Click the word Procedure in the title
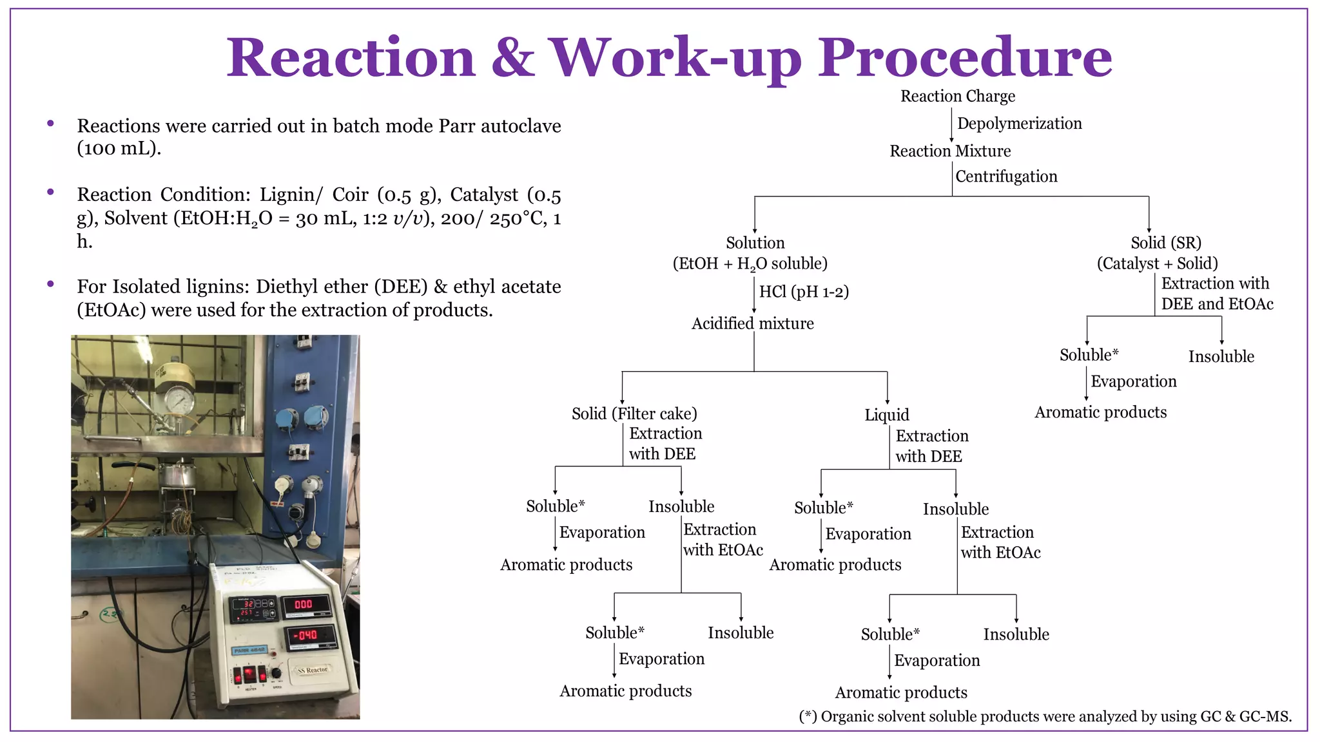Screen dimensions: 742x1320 tap(965, 58)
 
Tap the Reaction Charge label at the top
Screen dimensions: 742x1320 tap(957, 97)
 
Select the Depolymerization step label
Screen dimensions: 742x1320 tap(1019, 124)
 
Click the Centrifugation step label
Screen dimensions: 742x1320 tap(1006, 176)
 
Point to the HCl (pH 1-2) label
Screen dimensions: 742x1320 tap(804, 292)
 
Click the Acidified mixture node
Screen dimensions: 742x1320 tap(752, 323)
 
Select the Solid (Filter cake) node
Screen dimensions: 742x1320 tap(634, 414)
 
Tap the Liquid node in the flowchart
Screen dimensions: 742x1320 tap(887, 415)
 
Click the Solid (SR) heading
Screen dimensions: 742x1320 tap(1166, 243)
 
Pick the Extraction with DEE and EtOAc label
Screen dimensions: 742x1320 tap(1216, 294)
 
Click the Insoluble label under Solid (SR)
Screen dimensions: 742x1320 tap(1221, 357)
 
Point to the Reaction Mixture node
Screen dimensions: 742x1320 tap(950, 151)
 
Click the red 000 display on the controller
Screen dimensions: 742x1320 tap(304, 604)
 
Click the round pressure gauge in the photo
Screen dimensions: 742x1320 tap(179, 401)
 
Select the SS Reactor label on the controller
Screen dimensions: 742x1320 tap(313, 670)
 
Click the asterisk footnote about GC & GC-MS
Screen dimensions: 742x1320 tap(1045, 717)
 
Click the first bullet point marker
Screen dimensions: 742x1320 tap(50, 124)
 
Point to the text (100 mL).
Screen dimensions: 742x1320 tap(119, 149)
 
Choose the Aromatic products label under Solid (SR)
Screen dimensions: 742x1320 tap(1100, 412)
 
